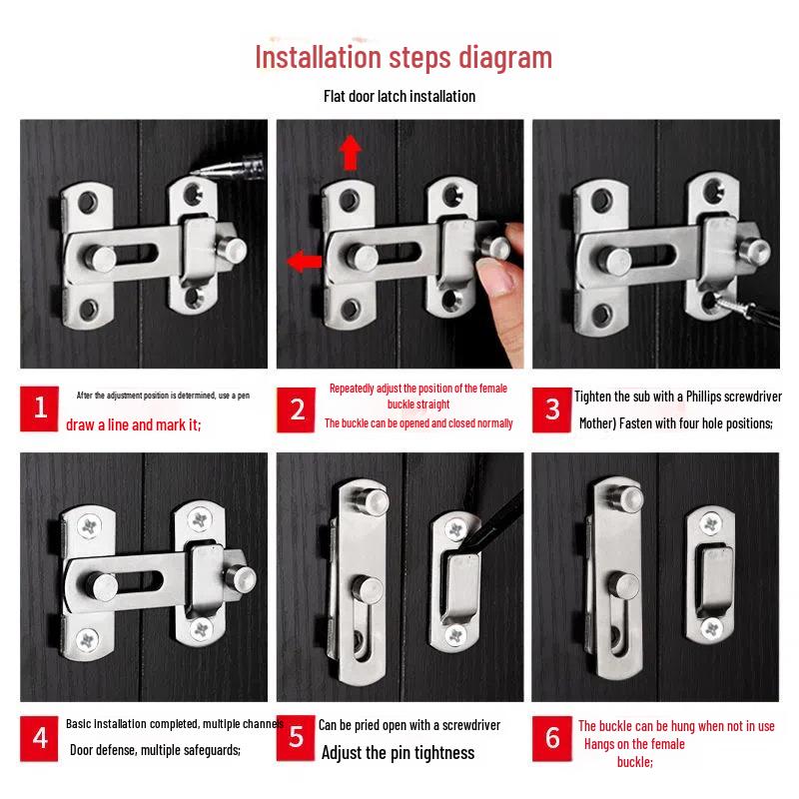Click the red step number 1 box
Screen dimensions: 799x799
[x=40, y=407]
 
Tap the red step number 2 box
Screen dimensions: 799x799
[x=297, y=407]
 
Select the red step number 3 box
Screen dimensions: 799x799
[x=552, y=407]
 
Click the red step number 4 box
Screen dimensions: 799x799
[x=40, y=737]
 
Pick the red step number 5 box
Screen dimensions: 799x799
[x=297, y=737]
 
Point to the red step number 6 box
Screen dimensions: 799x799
[x=552, y=737]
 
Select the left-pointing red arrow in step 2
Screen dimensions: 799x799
[x=305, y=262]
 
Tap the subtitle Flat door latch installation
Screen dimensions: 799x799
[x=399, y=97]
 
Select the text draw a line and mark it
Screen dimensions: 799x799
[x=134, y=425]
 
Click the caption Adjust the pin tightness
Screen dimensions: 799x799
[x=398, y=753]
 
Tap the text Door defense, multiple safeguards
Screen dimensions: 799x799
[x=155, y=749]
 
